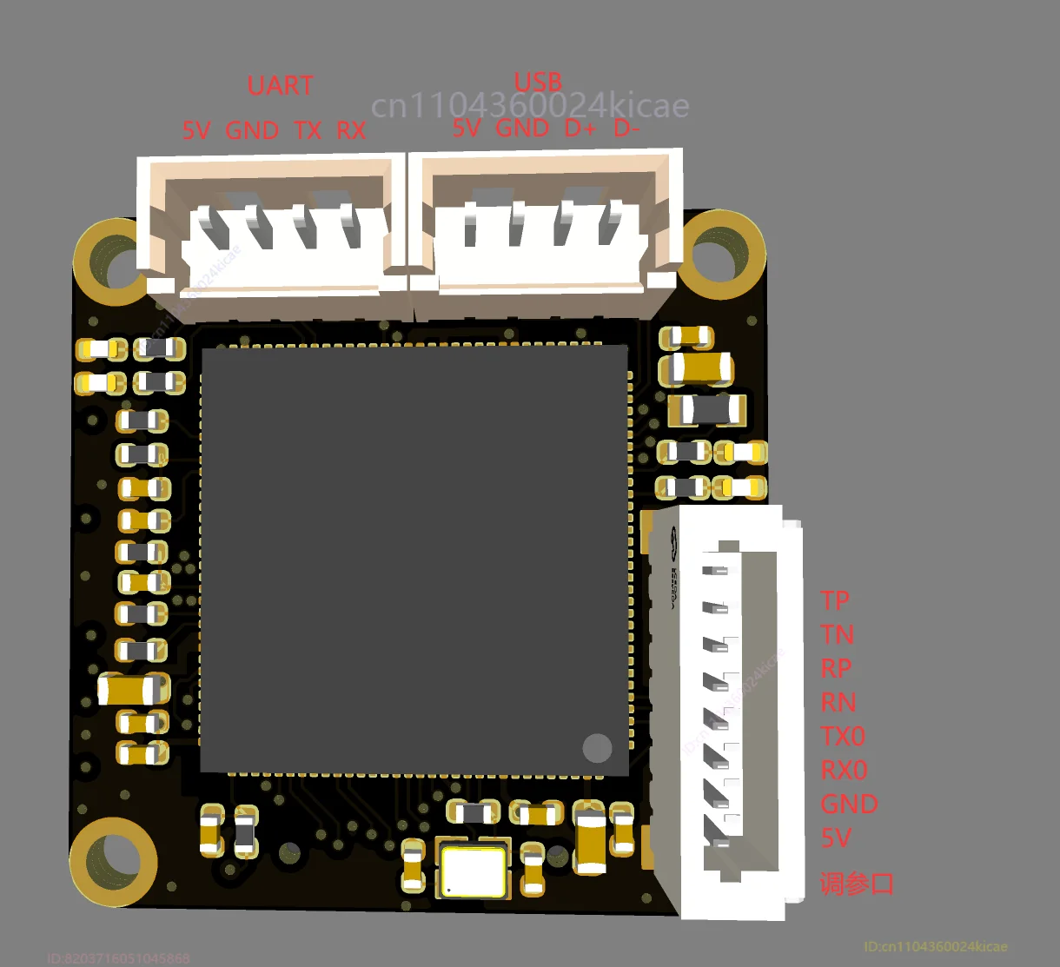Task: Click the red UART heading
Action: click(280, 86)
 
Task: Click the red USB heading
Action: click(538, 83)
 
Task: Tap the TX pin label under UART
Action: click(308, 131)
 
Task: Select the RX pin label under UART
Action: click(351, 131)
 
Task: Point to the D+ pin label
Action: click(580, 129)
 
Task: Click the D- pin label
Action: click(626, 129)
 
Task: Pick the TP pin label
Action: click(835, 600)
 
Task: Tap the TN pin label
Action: click(837, 634)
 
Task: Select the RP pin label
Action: click(836, 668)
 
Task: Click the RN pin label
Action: click(838, 702)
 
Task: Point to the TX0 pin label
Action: click(843, 736)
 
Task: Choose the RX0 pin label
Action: click(844, 770)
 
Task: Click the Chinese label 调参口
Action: click(857, 884)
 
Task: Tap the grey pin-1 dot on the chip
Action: click(598, 747)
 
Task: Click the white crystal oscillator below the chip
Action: click(474, 871)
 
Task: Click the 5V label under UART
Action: click(196, 131)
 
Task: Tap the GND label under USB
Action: click(522, 129)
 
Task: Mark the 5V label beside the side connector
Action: click(836, 838)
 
